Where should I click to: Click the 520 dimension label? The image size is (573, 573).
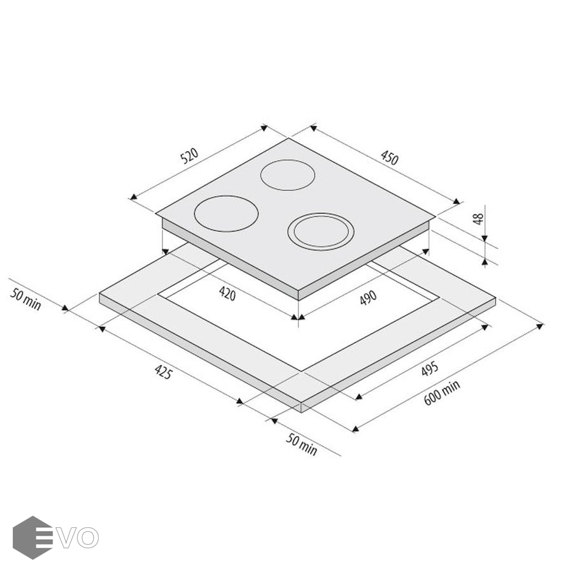point(190,156)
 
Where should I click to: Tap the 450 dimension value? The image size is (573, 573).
point(389,157)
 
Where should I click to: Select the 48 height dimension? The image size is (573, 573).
point(478,219)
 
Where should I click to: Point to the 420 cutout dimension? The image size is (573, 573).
point(227,294)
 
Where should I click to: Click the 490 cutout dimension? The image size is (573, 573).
point(368,298)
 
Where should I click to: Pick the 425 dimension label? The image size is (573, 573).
point(163,372)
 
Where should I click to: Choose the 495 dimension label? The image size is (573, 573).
point(430,369)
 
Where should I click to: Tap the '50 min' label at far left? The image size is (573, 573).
point(25,299)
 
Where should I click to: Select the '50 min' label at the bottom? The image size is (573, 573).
point(301,444)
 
